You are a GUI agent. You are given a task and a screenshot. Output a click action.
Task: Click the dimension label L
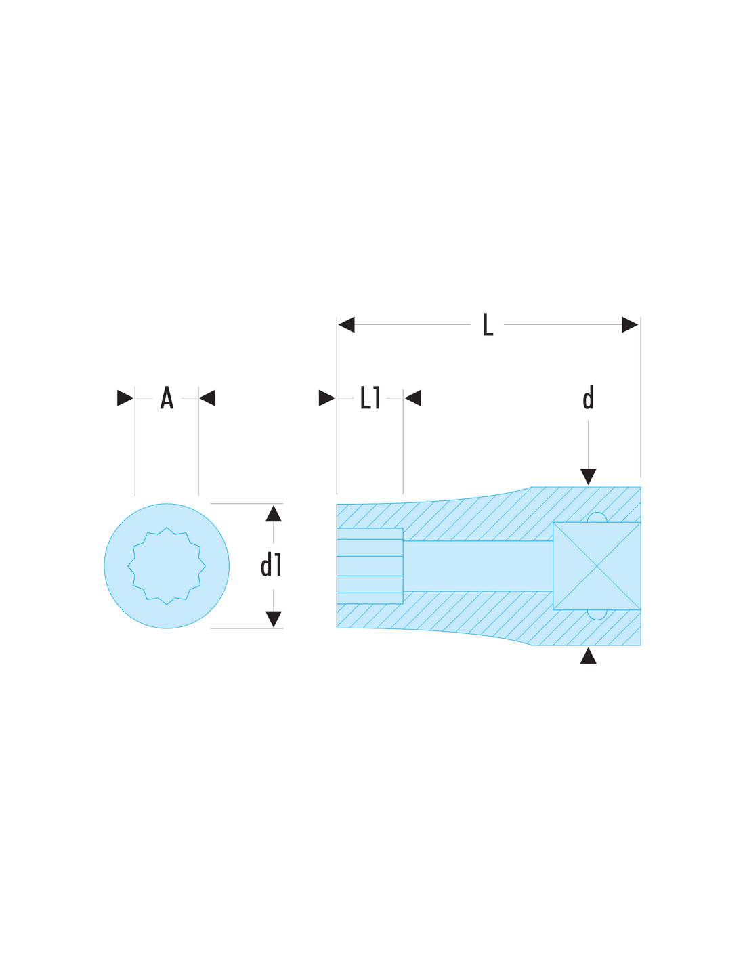pos(488,324)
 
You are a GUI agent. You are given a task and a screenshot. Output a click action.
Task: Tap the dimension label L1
pos(370,398)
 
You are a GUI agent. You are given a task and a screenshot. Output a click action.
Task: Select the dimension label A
pos(167,398)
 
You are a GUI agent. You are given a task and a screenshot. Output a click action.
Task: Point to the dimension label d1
pos(271,565)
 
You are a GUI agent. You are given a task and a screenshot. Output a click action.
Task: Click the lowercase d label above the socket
pos(588,398)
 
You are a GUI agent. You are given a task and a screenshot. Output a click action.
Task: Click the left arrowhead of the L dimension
pos(346,324)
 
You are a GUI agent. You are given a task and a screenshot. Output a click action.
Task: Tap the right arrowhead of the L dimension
pos(630,324)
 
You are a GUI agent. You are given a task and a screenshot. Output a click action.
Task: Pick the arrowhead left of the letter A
pos(125,398)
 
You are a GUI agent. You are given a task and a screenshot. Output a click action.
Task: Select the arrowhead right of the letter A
pos(207,398)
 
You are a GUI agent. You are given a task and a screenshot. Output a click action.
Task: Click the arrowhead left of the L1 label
pos(327,398)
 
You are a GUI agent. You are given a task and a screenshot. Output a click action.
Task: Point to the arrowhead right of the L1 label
pos(412,398)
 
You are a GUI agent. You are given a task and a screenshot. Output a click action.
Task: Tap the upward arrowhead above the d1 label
pos(274,513)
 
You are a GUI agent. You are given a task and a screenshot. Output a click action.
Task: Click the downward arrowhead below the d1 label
pos(274,619)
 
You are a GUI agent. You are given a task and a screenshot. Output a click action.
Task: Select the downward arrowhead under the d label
pos(588,476)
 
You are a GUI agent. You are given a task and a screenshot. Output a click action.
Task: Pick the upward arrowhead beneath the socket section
pos(588,656)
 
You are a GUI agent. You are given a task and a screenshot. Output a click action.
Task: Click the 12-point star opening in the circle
pos(167,566)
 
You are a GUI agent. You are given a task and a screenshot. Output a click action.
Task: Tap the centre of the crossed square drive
pos(597,566)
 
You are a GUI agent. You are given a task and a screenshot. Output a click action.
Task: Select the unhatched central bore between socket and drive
pos(477,566)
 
